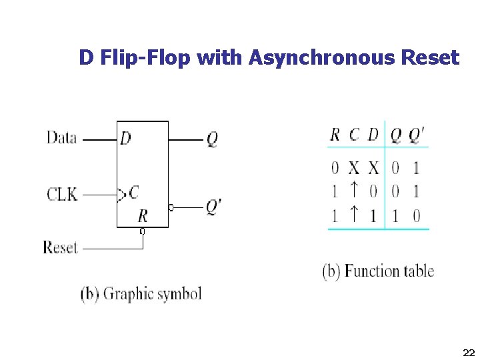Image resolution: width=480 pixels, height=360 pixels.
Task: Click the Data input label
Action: pos(61,138)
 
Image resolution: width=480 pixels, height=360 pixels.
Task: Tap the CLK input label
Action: pos(61,195)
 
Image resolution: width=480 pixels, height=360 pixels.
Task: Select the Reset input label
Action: pos(61,247)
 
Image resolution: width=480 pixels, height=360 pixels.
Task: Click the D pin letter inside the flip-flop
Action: pos(125,139)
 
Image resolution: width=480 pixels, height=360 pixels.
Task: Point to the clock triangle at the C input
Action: pos(121,195)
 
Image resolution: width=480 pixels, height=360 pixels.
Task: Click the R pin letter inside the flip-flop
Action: pos(143,215)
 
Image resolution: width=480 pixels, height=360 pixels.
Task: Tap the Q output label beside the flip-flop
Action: pos(211,139)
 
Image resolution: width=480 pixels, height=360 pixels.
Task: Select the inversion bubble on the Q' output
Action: pos(171,208)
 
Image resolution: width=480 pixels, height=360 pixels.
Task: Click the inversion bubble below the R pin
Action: pos(142,231)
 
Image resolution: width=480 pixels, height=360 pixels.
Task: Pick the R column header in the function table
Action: pos(335,135)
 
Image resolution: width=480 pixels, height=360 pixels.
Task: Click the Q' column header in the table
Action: pos(415,135)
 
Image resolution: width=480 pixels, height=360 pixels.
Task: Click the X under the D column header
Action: pos(373,167)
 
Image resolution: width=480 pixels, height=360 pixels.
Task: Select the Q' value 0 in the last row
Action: pos(416,216)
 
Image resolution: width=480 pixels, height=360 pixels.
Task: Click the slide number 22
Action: pos(467,351)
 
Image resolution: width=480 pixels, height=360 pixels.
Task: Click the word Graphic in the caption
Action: pos(129,293)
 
